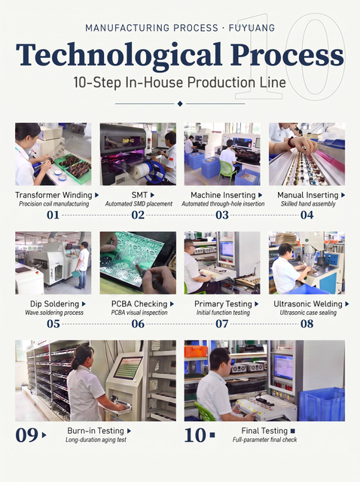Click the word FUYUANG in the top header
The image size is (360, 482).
click(x=252, y=28)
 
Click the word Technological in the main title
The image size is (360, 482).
click(x=119, y=55)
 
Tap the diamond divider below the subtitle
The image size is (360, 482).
click(x=180, y=104)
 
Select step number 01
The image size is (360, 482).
click(x=53, y=215)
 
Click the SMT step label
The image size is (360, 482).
click(x=139, y=195)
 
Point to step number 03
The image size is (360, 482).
click(x=222, y=215)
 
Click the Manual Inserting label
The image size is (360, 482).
click(x=308, y=195)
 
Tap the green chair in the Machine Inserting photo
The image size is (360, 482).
click(x=227, y=170)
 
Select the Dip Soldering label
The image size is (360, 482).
click(x=54, y=304)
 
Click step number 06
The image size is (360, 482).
click(x=138, y=324)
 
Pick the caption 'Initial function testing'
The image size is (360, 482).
click(x=223, y=313)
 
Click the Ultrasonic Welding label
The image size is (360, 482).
click(x=308, y=304)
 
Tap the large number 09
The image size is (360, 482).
click(x=26, y=435)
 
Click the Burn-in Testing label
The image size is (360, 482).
click(x=96, y=431)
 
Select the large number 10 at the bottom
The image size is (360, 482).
click(x=195, y=435)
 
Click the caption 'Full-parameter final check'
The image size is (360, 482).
click(x=264, y=440)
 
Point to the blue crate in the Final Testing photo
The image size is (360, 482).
click(x=322, y=404)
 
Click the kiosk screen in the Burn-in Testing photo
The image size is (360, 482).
click(x=128, y=368)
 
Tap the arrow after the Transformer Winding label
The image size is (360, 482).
click(x=97, y=195)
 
